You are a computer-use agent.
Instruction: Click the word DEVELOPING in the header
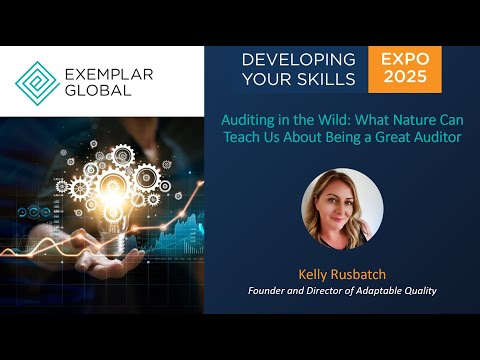pyautogui.click(x=298, y=60)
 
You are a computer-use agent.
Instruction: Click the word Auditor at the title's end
pyautogui.click(x=437, y=137)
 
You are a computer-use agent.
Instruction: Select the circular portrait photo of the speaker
pyautogui.click(x=342, y=209)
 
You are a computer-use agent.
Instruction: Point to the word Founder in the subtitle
pyautogui.click(x=271, y=291)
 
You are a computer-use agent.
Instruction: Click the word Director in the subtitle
pyautogui.click(x=331, y=291)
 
